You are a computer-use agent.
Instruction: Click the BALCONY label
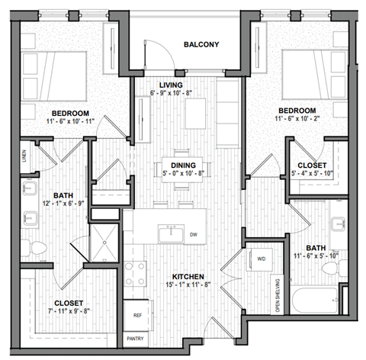tap(201, 44)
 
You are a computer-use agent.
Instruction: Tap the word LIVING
tap(170, 84)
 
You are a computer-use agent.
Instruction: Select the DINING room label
tap(183, 165)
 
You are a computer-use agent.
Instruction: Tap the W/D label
tap(261, 259)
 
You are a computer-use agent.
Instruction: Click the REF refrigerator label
tap(137, 313)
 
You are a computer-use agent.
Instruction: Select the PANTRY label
tap(137, 339)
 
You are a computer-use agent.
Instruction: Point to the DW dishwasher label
tap(193, 234)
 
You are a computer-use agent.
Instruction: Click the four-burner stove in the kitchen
tap(135, 274)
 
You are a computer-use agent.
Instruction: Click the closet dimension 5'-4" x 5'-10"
tap(313, 174)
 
